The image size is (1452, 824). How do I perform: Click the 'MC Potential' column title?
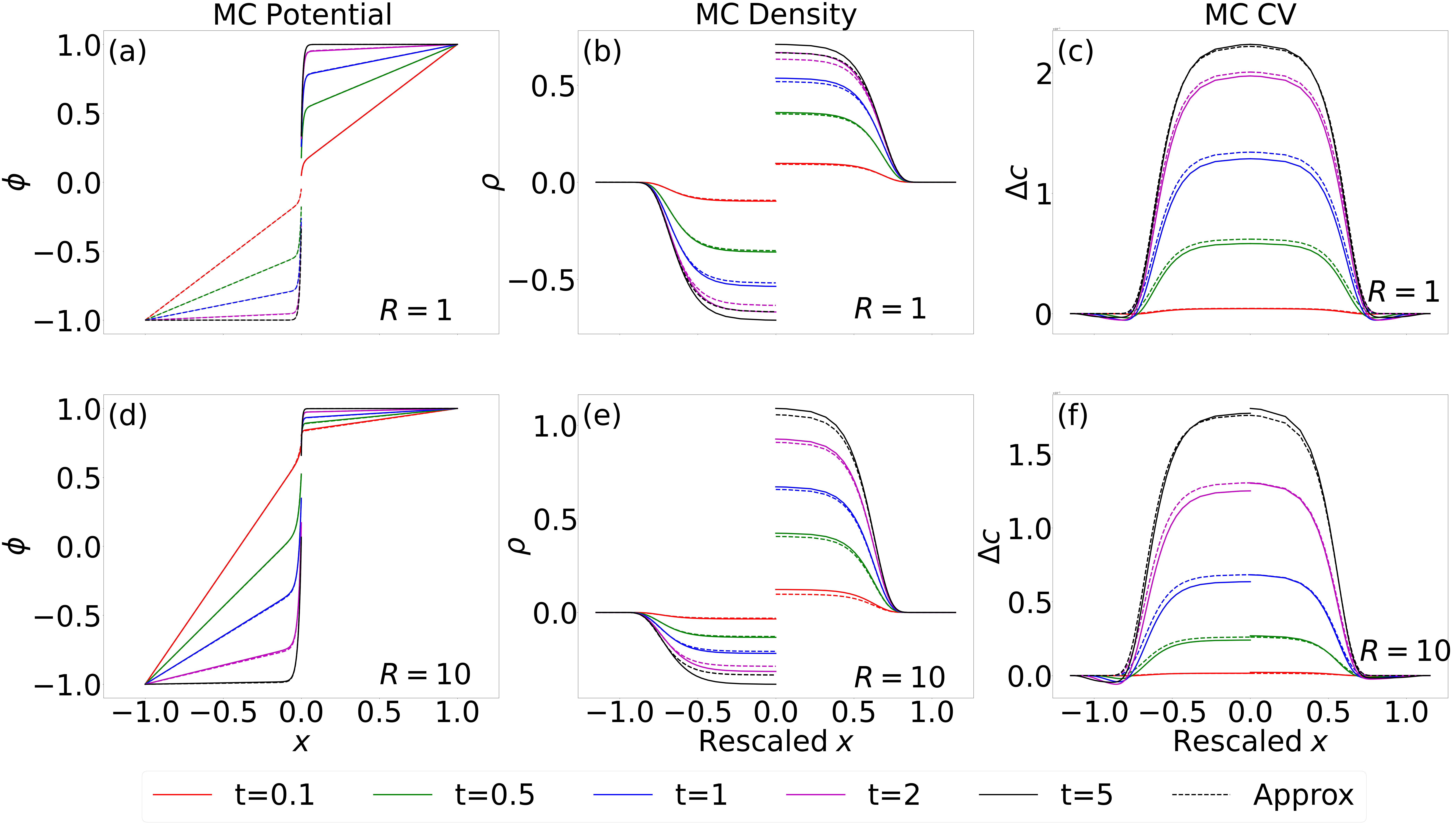302,15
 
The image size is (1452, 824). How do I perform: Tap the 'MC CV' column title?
1250,15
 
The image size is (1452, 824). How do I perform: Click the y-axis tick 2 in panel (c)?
1044,74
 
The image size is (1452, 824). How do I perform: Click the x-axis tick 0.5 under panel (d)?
379,713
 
